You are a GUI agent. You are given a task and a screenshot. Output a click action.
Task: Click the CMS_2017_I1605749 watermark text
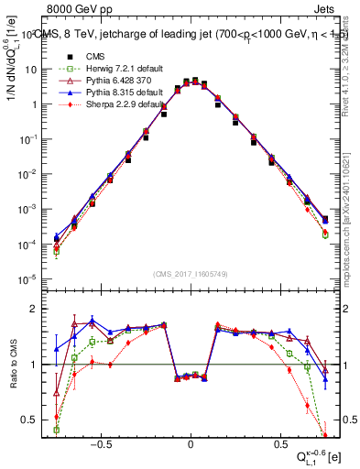pyautogui.click(x=190, y=274)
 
